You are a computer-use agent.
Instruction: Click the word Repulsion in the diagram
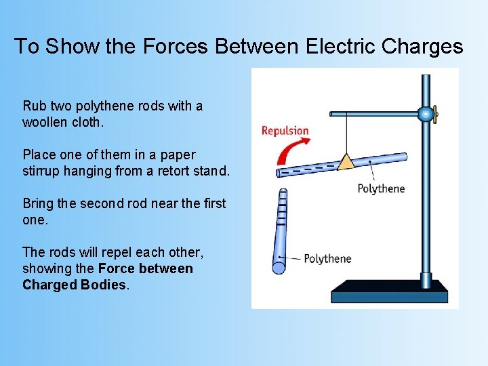285,130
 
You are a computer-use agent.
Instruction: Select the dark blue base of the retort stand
389,292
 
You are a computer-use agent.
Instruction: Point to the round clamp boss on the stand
425,115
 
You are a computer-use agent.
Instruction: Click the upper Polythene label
381,188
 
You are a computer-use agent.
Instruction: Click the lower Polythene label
327,258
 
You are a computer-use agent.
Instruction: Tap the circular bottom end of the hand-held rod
279,267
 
